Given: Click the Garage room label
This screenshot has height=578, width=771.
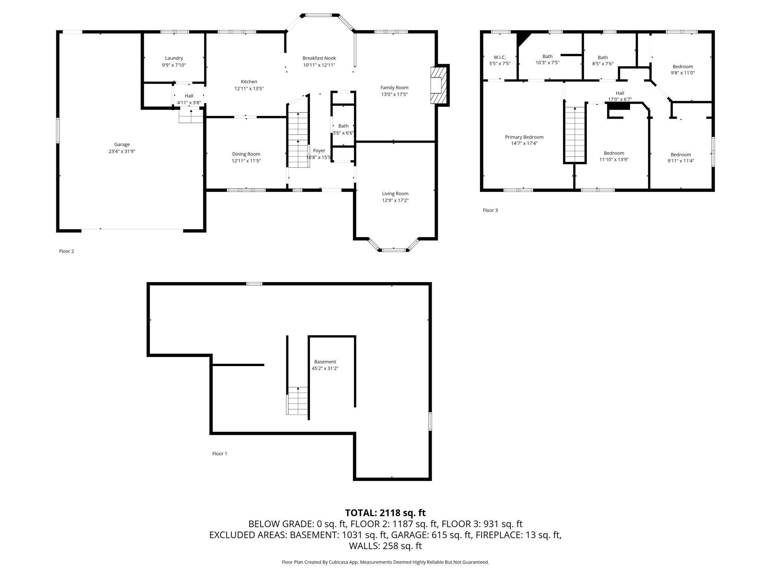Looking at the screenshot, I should (x=122, y=144).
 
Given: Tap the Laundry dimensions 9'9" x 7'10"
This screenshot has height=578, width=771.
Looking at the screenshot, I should (x=174, y=65).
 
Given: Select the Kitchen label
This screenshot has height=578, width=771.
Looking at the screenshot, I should (x=249, y=82).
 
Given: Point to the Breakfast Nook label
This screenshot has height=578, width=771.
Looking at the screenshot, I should (x=319, y=58).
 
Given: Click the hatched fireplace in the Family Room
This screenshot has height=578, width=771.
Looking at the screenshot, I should (x=437, y=85).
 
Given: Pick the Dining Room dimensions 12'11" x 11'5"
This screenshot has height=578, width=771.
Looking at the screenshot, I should (x=246, y=161).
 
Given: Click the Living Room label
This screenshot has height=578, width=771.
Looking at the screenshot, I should (x=395, y=193).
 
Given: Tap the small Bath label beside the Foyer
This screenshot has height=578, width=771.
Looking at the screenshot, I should (x=343, y=126).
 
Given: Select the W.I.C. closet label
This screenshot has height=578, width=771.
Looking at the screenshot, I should (x=500, y=57).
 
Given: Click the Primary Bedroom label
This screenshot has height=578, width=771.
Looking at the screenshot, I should (x=524, y=137).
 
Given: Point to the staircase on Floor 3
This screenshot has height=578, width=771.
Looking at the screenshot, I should (x=575, y=134).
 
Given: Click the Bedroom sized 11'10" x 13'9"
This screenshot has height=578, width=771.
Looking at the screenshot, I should (x=614, y=153).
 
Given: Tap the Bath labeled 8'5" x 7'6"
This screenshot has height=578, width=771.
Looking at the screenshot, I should (x=603, y=57).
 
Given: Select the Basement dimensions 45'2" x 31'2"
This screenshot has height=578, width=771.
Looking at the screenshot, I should (x=325, y=368).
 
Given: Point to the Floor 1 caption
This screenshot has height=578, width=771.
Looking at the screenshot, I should (x=219, y=454).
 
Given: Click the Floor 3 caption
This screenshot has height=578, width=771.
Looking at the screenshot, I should (x=490, y=210).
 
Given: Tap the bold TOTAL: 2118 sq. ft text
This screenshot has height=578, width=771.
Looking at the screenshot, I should (x=385, y=513).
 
